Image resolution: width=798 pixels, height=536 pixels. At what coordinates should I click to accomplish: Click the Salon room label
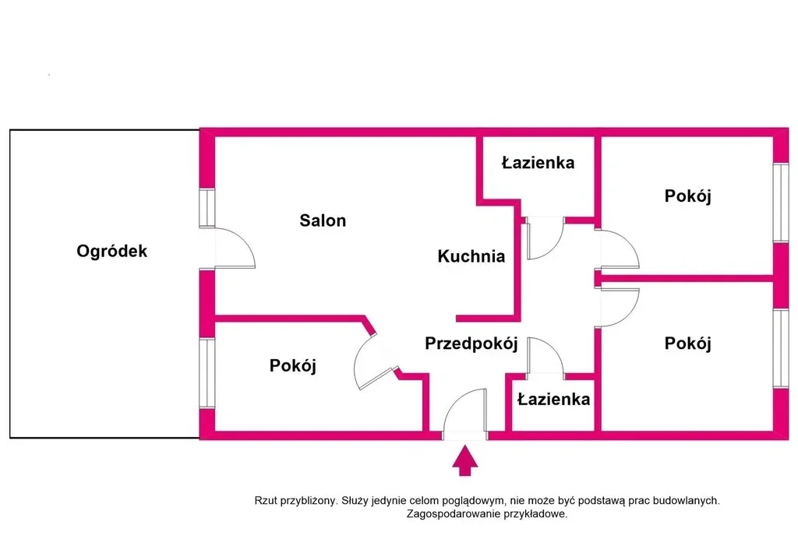point(323,220)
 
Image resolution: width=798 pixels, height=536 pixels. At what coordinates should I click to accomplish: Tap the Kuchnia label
point(471,256)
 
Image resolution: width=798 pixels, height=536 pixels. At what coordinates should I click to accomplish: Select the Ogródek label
point(112,251)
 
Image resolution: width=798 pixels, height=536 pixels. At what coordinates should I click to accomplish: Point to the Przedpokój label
point(471,344)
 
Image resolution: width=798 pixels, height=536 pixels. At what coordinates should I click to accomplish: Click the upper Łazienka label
point(538,162)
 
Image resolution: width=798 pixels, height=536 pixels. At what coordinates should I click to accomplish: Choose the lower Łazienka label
point(554,399)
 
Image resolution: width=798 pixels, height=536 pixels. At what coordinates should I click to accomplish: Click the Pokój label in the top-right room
point(687,196)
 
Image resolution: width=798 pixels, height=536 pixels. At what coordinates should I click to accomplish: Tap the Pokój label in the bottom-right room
point(687,344)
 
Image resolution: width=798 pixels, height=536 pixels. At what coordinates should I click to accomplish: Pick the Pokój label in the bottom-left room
point(293,365)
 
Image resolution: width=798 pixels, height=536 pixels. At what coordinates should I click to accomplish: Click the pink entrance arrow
point(465,460)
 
